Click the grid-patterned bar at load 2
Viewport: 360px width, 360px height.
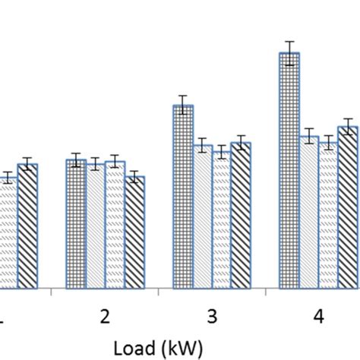pyautogui.click(x=76, y=224)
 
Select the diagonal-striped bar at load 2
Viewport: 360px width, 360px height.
pyautogui.click(x=134, y=232)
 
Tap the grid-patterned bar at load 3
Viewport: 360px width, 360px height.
pyautogui.click(x=182, y=197)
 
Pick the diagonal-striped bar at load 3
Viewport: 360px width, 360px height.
pyautogui.click(x=241, y=216)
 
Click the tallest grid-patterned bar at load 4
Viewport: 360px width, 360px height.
pyautogui.click(x=289, y=171)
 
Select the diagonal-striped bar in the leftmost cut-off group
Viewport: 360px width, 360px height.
pyautogui.click(x=27, y=226)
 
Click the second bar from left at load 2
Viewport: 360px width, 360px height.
pyautogui.click(x=95, y=226)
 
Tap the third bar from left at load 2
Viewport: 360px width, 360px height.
pyautogui.click(x=115, y=225)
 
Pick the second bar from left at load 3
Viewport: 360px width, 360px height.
pyautogui.click(x=202, y=217)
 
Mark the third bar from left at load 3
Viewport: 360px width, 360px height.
pyautogui.click(x=221, y=220)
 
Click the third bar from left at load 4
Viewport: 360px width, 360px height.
pyautogui.click(x=328, y=216)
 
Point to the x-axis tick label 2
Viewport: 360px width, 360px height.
pyautogui.click(x=105, y=317)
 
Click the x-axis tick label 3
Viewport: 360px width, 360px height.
pyautogui.click(x=212, y=317)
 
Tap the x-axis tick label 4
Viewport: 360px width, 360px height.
pyautogui.click(x=318, y=317)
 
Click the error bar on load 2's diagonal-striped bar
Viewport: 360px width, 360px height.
pyautogui.click(x=134, y=177)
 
